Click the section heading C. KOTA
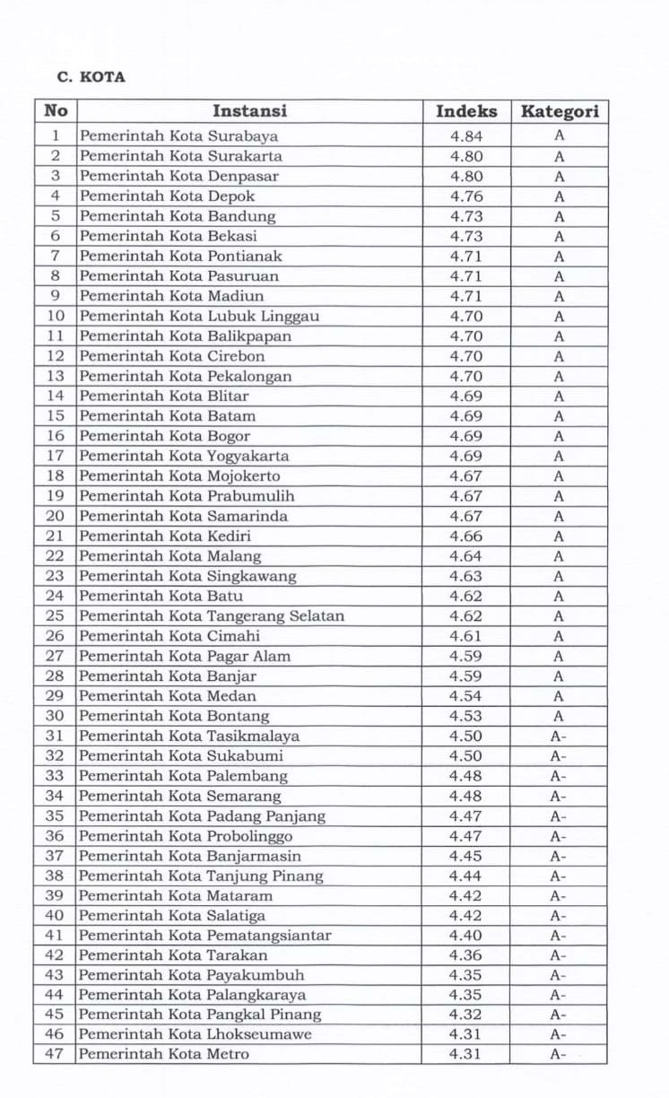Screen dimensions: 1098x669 tap(91, 77)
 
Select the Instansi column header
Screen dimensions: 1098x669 tap(249, 111)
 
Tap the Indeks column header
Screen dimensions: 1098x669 tap(466, 111)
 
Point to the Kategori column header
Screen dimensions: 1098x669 tap(559, 111)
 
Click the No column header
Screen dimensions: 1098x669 tap(56, 111)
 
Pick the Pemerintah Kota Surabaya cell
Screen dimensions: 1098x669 tap(178, 136)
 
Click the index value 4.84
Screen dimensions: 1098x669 tap(466, 136)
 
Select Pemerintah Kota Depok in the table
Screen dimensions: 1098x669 tap(167, 196)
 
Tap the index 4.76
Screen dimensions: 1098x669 tap(466, 196)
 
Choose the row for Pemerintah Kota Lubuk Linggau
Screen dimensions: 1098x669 tap(199, 316)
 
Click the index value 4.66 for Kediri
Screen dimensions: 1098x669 tap(466, 536)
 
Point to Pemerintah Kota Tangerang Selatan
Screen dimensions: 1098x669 tap(212, 616)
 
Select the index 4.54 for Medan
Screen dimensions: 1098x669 tap(466, 696)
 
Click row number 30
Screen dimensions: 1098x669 tap(56, 716)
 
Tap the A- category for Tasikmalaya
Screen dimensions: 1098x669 tap(559, 736)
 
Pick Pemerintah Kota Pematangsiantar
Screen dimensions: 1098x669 tap(205, 936)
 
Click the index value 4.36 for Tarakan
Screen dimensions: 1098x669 tap(466, 955)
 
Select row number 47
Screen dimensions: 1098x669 tap(56, 1054)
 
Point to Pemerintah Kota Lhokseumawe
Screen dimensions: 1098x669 tap(195, 1034)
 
